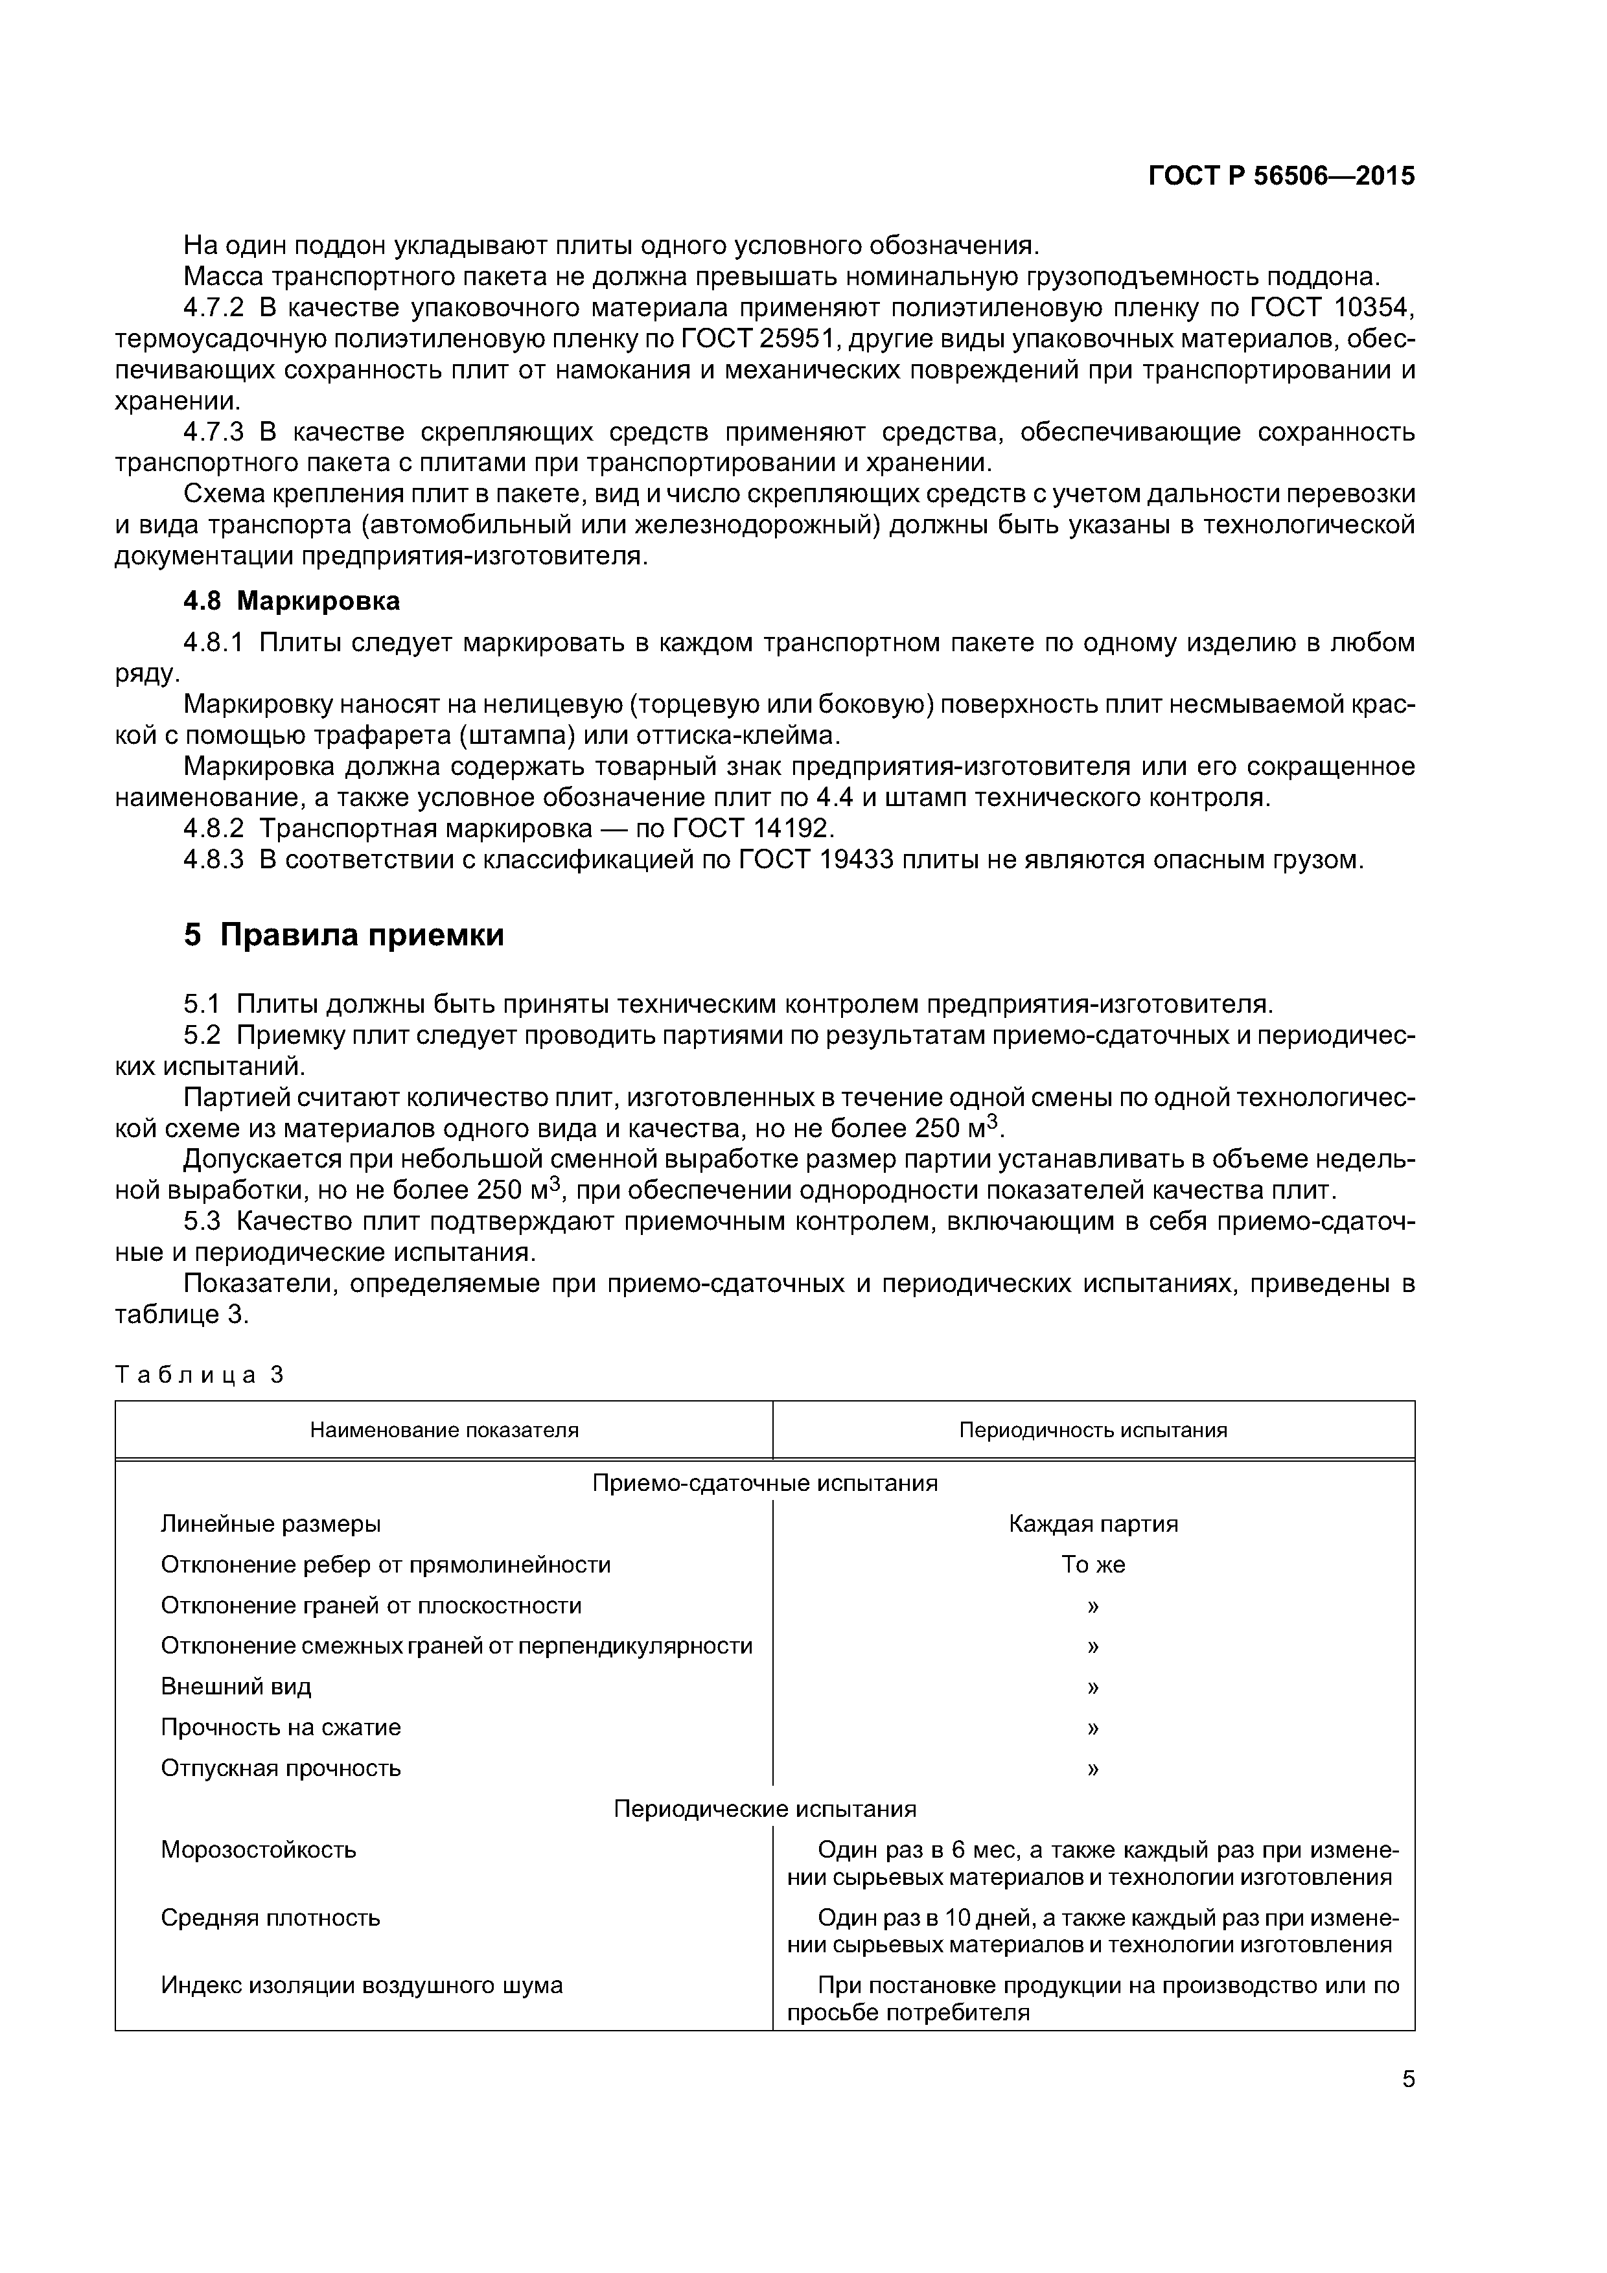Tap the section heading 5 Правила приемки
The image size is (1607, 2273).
[343, 934]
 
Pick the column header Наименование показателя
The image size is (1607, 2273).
[444, 1429]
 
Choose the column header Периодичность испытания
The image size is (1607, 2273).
[1093, 1429]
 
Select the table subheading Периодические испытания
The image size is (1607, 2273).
[765, 1808]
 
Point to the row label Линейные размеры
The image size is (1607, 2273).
[270, 1523]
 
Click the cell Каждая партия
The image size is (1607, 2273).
[1093, 1523]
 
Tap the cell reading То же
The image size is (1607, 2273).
[1093, 1564]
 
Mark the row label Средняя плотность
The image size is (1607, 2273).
[270, 1917]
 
